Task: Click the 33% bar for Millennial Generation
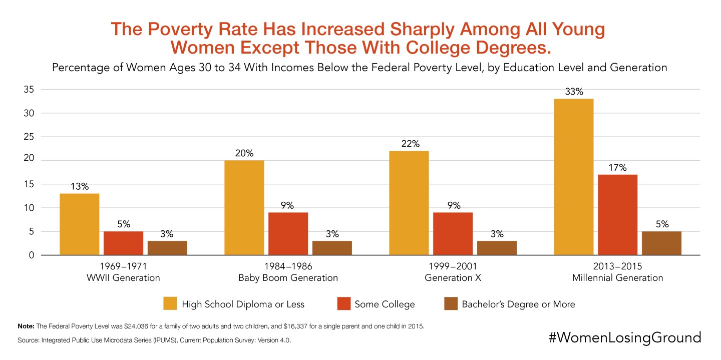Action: [574, 177]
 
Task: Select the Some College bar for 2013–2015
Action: [618, 215]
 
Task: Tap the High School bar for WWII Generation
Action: [80, 224]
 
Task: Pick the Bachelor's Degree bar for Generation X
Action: [497, 248]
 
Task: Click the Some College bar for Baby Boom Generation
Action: [288, 234]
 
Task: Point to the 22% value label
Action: [409, 144]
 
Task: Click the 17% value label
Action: [618, 167]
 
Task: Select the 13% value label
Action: [80, 186]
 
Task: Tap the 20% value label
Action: [244, 153]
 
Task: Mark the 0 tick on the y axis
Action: [31, 255]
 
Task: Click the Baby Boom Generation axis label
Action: [288, 278]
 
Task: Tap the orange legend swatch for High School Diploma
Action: [169, 303]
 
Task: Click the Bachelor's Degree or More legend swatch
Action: [450, 303]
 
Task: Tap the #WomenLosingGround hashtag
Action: [624, 337]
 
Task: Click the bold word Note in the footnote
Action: [25, 326]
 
